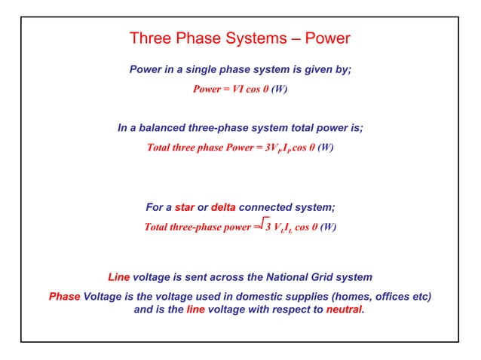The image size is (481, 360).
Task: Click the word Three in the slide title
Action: point(150,38)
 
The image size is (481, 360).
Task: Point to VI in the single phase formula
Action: point(241,89)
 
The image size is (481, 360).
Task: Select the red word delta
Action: point(223,207)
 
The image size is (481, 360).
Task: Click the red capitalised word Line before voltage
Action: point(119,277)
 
